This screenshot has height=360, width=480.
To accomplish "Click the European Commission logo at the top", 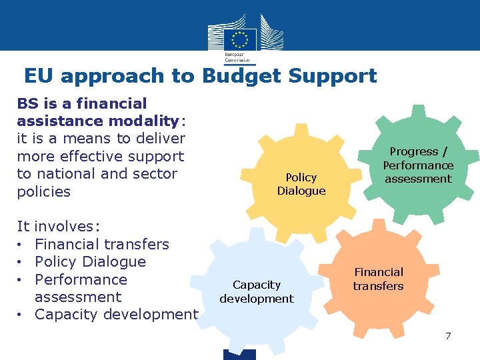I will point(239,37).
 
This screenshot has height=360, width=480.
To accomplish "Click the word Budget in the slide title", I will point(242,76).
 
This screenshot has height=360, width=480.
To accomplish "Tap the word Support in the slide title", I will point(333,76).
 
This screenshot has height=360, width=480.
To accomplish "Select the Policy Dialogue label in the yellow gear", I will point(301,184).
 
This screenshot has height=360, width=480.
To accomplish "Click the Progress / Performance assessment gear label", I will point(418,165).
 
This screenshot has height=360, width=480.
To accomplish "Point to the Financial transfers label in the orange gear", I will point(379,279).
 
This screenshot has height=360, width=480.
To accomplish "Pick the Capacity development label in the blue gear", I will point(257,292).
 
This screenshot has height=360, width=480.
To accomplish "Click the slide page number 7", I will point(448,335).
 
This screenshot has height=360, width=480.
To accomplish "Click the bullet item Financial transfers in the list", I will point(102,244).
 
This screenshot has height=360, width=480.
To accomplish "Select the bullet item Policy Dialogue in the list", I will point(90,261).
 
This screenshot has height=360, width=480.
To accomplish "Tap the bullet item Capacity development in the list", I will point(117,315).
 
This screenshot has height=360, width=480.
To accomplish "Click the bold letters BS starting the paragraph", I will point(27,103).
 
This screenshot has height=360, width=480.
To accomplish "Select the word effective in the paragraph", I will point(113,156).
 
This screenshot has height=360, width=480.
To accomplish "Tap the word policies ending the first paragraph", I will point(43,191).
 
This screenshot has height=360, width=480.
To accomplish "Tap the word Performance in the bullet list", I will point(81,279).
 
